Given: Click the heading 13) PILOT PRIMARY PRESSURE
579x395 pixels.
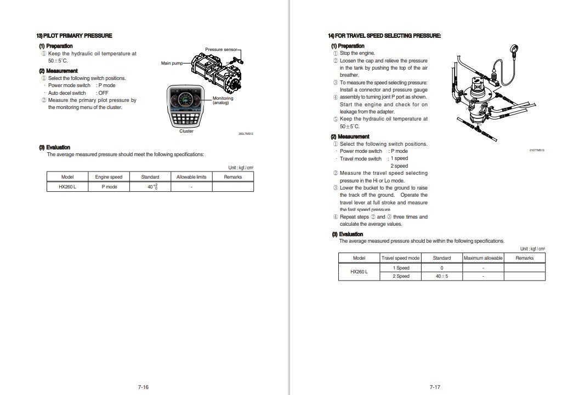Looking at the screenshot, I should click(x=74, y=36).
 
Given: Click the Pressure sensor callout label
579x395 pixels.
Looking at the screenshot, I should click(x=222, y=49).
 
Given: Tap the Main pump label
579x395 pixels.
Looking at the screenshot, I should click(x=171, y=64).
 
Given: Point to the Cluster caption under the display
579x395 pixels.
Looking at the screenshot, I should click(x=186, y=131).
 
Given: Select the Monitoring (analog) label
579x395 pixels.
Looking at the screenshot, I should click(x=223, y=100).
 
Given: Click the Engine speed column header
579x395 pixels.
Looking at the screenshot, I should click(x=109, y=177).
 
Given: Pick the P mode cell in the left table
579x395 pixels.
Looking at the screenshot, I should click(x=109, y=187).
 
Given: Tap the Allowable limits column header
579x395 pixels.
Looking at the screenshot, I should click(x=191, y=177).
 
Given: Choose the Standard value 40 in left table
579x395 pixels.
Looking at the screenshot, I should click(x=151, y=187).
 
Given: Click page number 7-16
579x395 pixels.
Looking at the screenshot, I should click(x=143, y=387).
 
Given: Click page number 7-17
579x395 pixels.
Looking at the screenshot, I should click(x=435, y=387).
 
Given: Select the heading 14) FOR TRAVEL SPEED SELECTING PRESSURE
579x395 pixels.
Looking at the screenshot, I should click(x=384, y=36).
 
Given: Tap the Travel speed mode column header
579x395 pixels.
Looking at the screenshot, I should click(x=400, y=258).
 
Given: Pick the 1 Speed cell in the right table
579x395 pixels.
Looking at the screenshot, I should click(x=401, y=268).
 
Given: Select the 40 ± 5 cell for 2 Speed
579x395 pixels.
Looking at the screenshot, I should click(x=442, y=276).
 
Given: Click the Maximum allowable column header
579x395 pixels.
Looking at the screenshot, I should click(x=483, y=258).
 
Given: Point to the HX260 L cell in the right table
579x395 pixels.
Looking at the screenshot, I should click(x=359, y=272).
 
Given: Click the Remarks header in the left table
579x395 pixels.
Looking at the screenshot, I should click(x=233, y=177).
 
